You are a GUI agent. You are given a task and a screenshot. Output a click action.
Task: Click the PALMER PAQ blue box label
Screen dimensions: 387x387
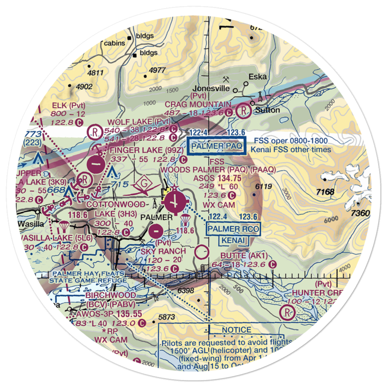pyautogui.click(x=216, y=146)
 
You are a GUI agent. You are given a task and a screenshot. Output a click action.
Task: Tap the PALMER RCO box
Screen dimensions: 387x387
pyautogui.click(x=233, y=229)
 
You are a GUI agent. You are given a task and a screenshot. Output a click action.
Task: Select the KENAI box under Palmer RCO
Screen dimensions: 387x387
pyautogui.click(x=234, y=241)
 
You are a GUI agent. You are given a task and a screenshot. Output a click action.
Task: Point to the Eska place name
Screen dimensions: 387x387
pyautogui.click(x=257, y=77)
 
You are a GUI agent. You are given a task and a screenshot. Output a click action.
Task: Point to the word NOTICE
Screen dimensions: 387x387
pyautogui.click(x=236, y=330)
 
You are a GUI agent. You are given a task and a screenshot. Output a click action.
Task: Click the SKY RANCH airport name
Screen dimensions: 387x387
pyautogui.click(x=163, y=251)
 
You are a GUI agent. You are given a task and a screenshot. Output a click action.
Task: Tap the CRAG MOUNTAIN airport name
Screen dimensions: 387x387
pyautogui.click(x=198, y=104)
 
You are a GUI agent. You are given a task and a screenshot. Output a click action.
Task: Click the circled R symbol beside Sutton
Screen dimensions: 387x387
pyautogui.click(x=243, y=112)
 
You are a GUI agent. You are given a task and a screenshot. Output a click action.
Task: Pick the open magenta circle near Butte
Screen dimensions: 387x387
pyautogui.click(x=202, y=253)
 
